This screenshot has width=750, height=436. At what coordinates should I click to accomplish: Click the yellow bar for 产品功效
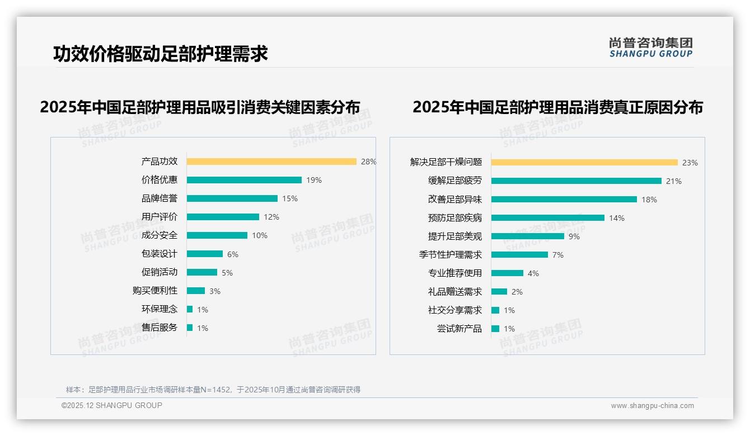click(x=271, y=162)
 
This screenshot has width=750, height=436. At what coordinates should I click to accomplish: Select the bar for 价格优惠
click(x=244, y=180)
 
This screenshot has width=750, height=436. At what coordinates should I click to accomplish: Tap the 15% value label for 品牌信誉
click(x=290, y=198)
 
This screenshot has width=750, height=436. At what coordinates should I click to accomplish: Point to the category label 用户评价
click(x=160, y=217)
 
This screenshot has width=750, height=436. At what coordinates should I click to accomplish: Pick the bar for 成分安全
click(x=217, y=235)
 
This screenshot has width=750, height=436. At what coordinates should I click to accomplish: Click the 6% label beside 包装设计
click(x=233, y=254)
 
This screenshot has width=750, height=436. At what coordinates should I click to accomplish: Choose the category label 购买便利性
click(x=155, y=291)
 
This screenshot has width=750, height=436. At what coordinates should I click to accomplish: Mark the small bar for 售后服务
click(x=190, y=328)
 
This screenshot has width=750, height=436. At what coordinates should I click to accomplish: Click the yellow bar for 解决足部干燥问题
click(x=584, y=163)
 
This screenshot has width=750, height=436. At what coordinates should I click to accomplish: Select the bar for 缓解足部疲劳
click(x=576, y=181)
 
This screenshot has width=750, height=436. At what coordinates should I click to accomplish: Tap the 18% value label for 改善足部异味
click(x=649, y=200)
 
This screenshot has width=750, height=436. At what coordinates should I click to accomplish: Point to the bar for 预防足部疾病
click(x=548, y=218)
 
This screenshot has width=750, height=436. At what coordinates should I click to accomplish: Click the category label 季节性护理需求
click(x=451, y=255)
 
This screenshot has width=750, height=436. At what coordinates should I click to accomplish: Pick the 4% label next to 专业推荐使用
click(x=533, y=273)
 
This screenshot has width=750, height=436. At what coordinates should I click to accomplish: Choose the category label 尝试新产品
click(x=460, y=329)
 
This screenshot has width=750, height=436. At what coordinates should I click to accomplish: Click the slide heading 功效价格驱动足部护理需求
click(x=161, y=54)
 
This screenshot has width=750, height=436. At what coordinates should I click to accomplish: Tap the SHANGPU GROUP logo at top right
click(x=651, y=48)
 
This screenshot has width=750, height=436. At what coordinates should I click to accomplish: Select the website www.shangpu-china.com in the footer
click(x=652, y=406)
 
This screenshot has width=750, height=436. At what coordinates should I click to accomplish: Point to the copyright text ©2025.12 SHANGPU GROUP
click(x=112, y=405)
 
